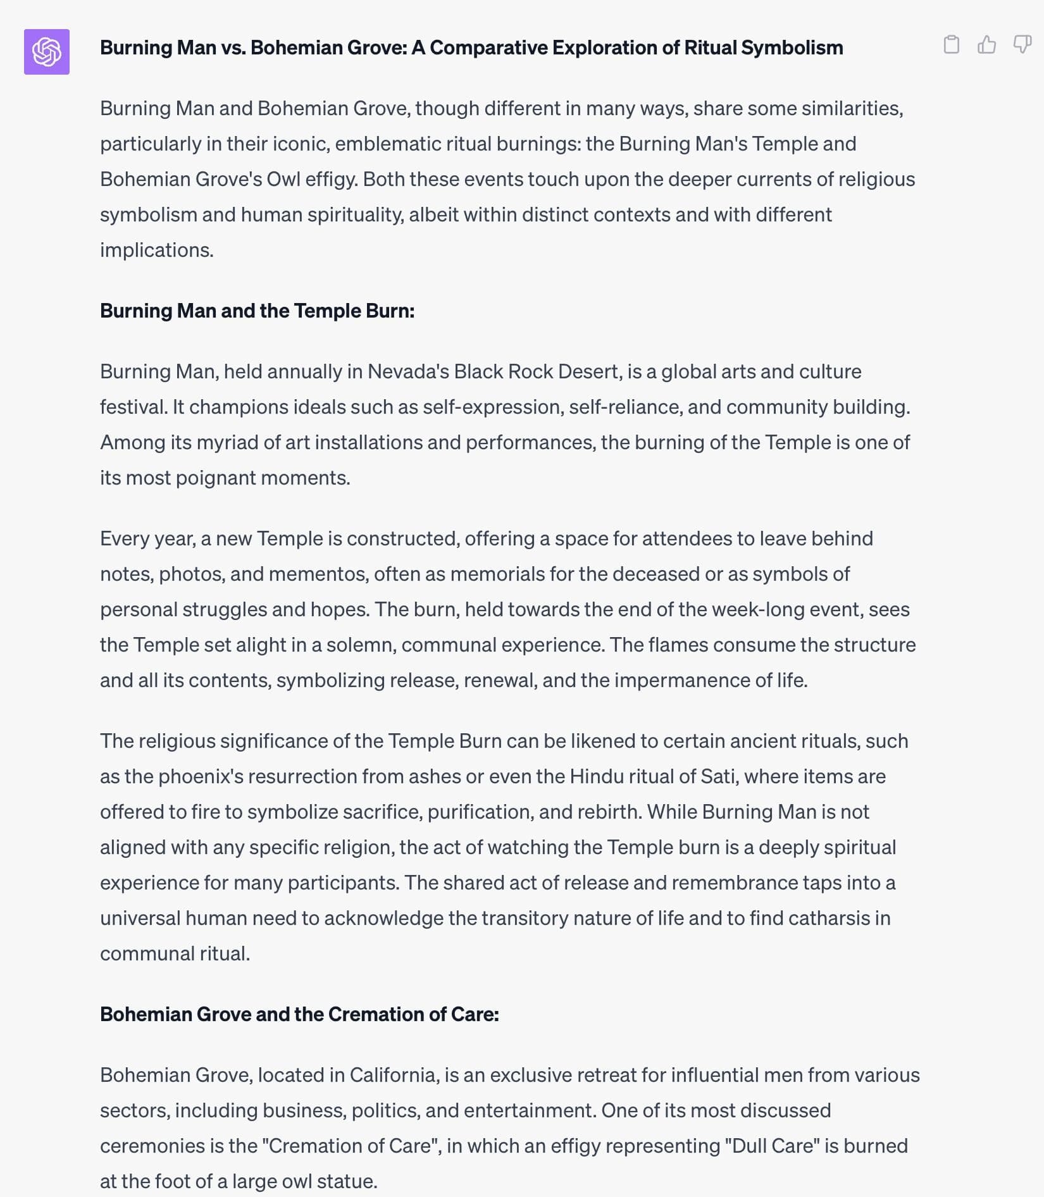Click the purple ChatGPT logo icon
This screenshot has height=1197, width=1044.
pyautogui.click(x=47, y=52)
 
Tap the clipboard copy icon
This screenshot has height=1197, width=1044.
pyautogui.click(x=951, y=44)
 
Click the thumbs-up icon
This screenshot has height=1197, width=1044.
pyautogui.click(x=986, y=44)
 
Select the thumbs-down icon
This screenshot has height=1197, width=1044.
pyautogui.click(x=1022, y=44)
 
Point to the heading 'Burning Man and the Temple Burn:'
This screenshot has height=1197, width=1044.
pyautogui.click(x=257, y=311)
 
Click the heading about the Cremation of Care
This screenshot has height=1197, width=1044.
pyautogui.click(x=299, y=1014)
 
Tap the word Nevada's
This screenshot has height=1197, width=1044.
pyautogui.click(x=408, y=371)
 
